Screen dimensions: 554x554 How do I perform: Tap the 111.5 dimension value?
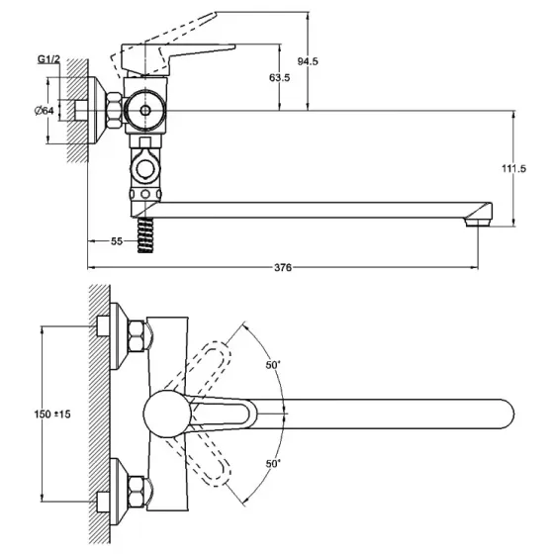[514, 169]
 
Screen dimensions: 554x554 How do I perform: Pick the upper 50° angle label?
[273, 364]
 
